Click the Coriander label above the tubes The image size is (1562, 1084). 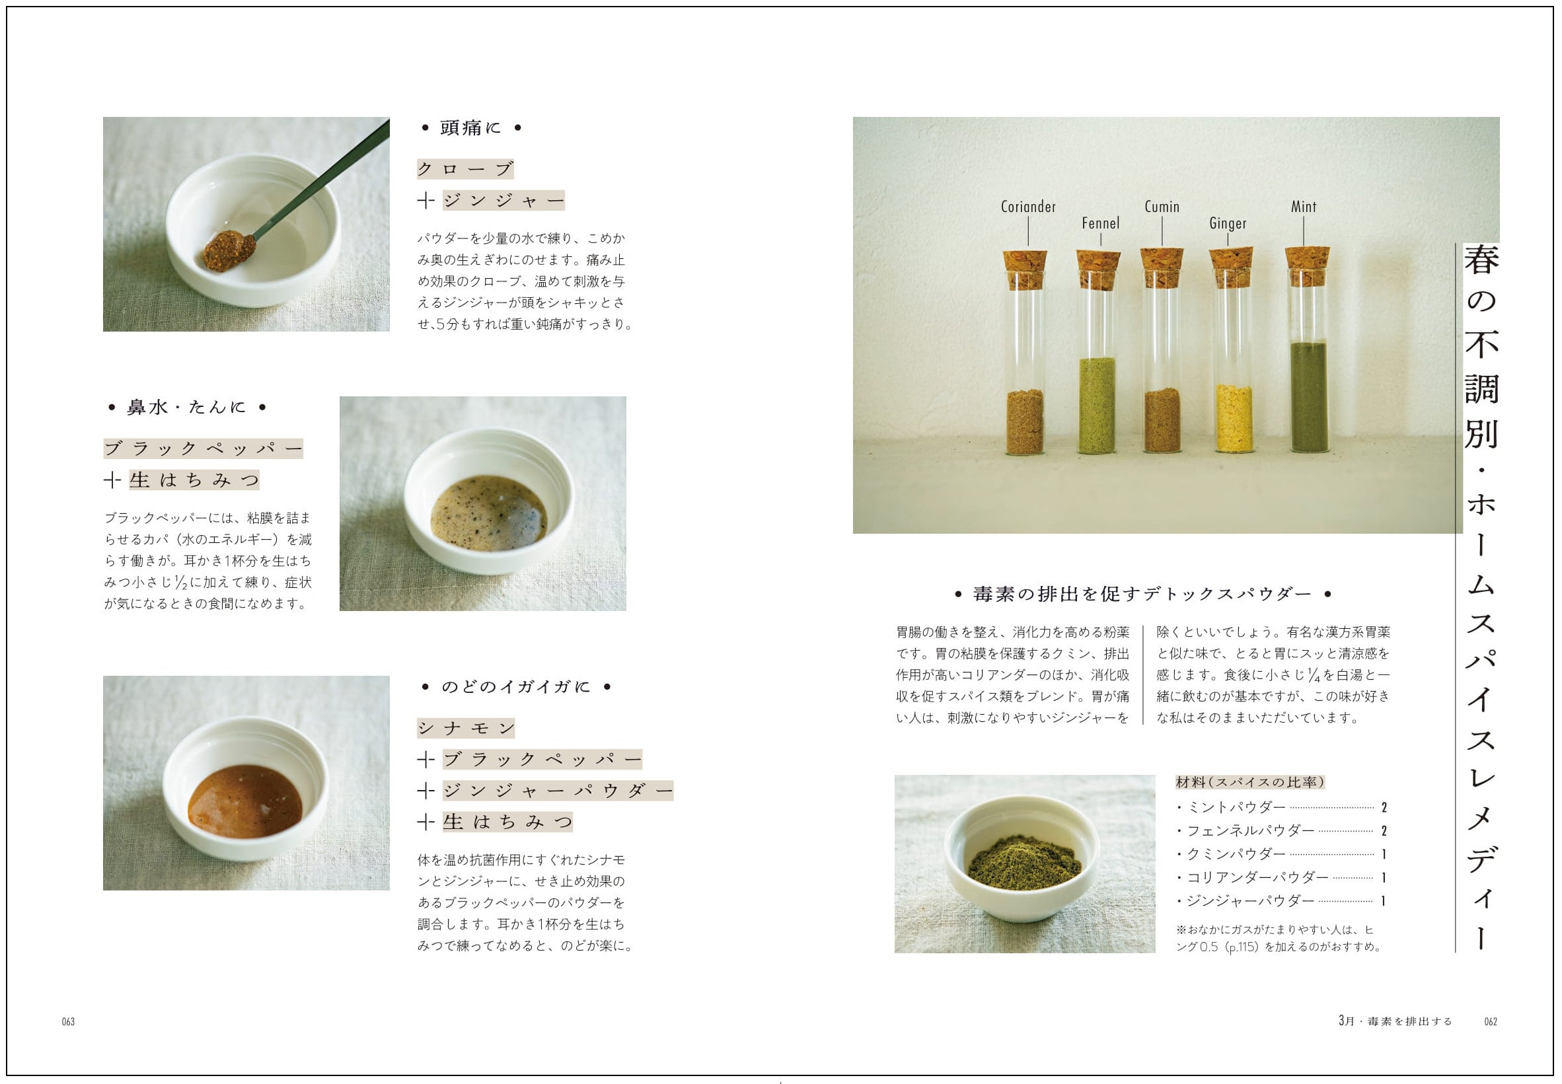[1028, 207]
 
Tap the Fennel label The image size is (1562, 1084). [1100, 223]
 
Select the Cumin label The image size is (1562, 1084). [1162, 207]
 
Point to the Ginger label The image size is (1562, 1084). [1228, 223]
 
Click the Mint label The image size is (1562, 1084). [1303, 207]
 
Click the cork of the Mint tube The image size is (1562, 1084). [1307, 265]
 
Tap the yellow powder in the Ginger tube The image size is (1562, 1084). [1234, 418]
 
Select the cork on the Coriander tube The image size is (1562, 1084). [1025, 269]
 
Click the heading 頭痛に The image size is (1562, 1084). [470, 127]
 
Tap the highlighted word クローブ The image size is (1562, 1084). [465, 169]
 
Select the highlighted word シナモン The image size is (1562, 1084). [466, 728]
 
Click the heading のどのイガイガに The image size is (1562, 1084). [515, 687]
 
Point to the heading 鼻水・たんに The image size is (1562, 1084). [186, 408]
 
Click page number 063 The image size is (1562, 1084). [68, 1021]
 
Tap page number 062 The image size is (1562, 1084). [1491, 1021]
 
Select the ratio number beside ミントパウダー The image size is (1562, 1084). [1384, 808]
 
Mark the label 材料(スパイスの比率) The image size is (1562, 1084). [1250, 782]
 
